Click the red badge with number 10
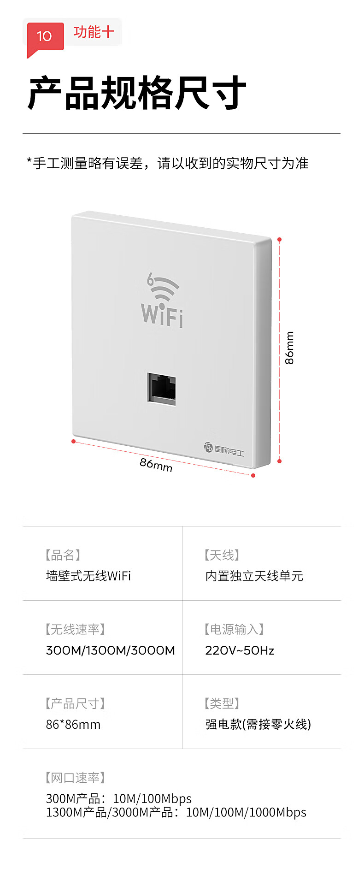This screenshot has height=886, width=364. tap(45, 36)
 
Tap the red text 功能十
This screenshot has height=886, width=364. tap(94, 32)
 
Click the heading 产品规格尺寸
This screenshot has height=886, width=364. tap(137, 93)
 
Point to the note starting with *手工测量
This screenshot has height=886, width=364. tap(168, 163)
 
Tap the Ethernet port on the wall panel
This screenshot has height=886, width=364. tap(162, 389)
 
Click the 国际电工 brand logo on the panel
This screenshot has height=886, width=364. tap(224, 449)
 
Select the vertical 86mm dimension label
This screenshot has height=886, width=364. tap(289, 348)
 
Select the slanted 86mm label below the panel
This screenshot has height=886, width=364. tap(156, 465)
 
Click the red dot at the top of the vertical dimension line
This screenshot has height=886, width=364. tap(279, 239)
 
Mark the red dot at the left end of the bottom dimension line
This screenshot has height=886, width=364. tap(73, 441)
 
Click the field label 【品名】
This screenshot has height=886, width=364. tap(63, 555)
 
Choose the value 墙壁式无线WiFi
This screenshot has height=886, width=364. tap(88, 576)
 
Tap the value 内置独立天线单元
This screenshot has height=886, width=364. tap(254, 576)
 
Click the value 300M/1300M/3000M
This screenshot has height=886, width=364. tap(111, 650)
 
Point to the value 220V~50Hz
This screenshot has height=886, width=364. tap(240, 650)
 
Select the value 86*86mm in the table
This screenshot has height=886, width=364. tap(73, 725)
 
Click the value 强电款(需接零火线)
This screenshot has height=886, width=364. tap(258, 725)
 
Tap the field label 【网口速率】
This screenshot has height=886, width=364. tap(76, 778)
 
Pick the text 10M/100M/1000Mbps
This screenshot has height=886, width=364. tap(246, 812)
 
